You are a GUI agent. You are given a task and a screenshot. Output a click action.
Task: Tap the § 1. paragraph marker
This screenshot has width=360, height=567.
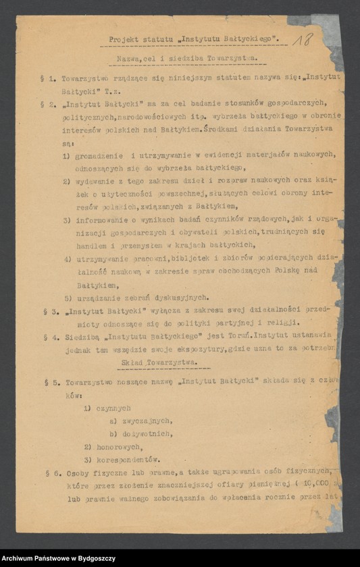click(49, 80)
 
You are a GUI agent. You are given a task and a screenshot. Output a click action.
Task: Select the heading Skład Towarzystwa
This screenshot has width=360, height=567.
click(159, 362)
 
